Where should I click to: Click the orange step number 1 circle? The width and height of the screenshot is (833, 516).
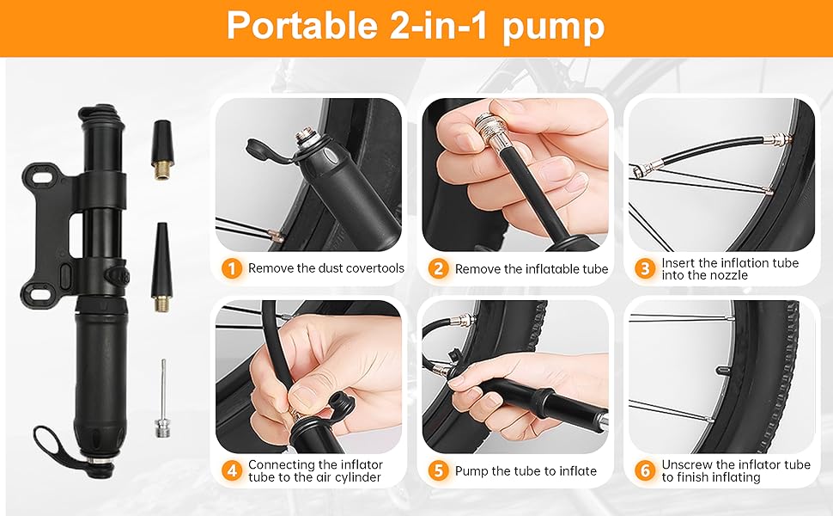coord(231,268)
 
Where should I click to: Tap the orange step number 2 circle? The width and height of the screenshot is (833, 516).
coord(439,268)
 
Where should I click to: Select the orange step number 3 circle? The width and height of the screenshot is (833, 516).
coord(645,268)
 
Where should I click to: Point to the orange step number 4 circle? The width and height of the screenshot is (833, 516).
coord(231,470)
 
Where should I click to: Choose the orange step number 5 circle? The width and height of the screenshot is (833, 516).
coord(439,470)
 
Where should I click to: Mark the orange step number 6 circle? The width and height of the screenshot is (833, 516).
coord(645,470)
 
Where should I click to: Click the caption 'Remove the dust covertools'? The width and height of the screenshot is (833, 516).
coord(326,268)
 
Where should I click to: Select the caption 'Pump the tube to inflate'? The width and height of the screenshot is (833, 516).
coord(526,470)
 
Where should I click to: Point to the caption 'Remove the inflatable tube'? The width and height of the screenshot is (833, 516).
coord(532,269)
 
